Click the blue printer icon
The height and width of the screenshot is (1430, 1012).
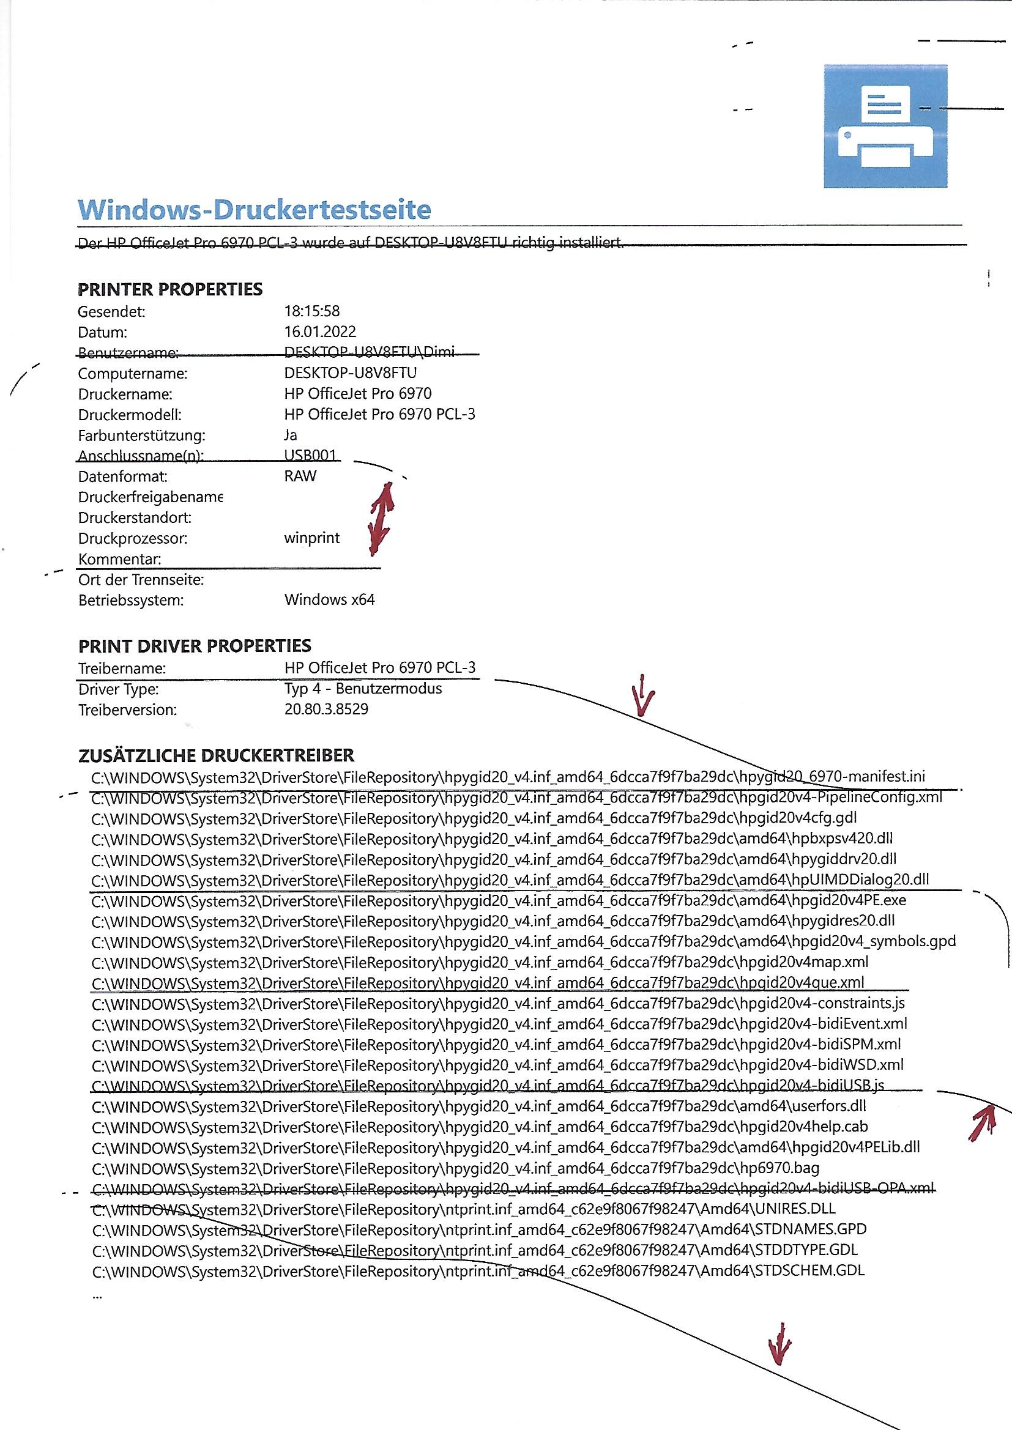coord(885,126)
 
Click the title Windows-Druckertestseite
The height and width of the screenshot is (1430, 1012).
coord(255,209)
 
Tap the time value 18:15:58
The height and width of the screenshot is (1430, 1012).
coord(311,311)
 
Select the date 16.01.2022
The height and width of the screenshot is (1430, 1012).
coord(319,332)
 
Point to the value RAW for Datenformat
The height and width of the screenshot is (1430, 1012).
coord(300,476)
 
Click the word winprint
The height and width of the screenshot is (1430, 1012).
coord(311,538)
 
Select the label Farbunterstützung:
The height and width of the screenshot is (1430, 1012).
coord(141,435)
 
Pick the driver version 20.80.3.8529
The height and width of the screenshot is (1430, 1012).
coord(326,709)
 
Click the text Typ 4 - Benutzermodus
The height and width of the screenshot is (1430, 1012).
coord(363,688)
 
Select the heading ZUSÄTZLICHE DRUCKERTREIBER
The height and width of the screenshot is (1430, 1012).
coord(215,755)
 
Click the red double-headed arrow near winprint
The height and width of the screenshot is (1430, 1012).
coord(381,516)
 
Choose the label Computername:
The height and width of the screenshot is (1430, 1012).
coord(133,373)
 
